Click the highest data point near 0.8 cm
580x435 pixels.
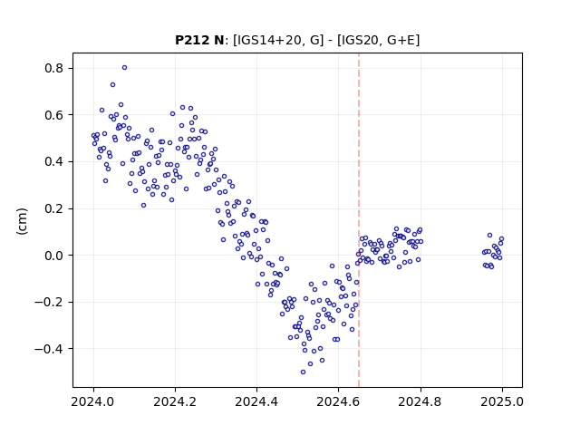[x=125, y=68]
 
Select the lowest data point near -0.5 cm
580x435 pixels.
[x=303, y=372]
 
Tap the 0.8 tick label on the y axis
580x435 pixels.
[x=53, y=69]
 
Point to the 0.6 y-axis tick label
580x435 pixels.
[x=53, y=115]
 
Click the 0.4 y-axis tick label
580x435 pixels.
[x=53, y=162]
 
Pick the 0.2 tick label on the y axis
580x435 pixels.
[x=53, y=208]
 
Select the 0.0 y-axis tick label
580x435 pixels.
[x=53, y=256]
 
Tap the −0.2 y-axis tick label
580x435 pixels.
[x=49, y=302]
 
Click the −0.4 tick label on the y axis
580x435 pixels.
[x=49, y=349]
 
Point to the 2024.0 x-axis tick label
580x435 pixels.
[x=93, y=401]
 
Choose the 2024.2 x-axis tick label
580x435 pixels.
[x=175, y=401]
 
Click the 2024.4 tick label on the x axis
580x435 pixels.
[x=256, y=401]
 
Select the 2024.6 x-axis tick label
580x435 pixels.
[x=338, y=401]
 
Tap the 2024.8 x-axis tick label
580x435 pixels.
[x=420, y=401]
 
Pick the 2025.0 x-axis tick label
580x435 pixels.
[x=502, y=401]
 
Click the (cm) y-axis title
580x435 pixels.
[x=22, y=221]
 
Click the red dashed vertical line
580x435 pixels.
[x=359, y=220]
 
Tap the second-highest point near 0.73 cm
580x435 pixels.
[x=112, y=84]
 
